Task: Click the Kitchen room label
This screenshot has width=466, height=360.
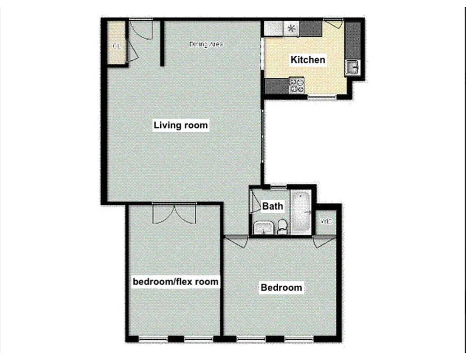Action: point(308,59)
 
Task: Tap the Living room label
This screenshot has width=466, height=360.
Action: point(181,125)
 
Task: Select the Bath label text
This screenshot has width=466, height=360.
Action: point(273,206)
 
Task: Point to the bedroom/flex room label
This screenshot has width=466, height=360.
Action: point(176,282)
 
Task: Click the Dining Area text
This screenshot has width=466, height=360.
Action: point(206,44)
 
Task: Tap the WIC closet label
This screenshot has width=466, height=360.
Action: point(326,222)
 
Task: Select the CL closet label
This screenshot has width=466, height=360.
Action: point(117,46)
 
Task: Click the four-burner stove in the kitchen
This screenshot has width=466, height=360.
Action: point(297,85)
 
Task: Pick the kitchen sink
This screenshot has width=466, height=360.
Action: point(352,68)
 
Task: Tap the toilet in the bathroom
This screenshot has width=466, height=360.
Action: point(282,226)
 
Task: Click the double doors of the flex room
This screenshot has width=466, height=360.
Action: point(175,213)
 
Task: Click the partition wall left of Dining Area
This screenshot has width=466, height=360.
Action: point(161,43)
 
